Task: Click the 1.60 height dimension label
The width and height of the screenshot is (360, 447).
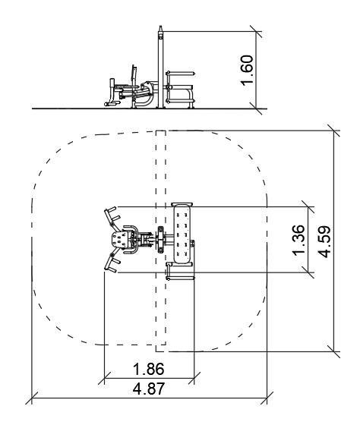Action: pos(247,70)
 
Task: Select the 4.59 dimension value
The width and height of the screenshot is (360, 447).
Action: pos(324,242)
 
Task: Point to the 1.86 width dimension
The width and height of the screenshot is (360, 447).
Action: pos(149,369)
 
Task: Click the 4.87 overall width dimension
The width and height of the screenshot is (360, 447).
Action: pos(149,389)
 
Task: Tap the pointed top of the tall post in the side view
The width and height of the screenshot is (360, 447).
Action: pos(160,27)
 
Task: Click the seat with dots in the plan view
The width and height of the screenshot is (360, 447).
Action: pos(120,239)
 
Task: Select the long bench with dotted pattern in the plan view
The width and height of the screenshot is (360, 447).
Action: pos(182,234)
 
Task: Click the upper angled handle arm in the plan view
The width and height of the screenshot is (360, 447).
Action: pos(112,218)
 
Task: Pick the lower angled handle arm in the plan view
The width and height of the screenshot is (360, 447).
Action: pos(112,260)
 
